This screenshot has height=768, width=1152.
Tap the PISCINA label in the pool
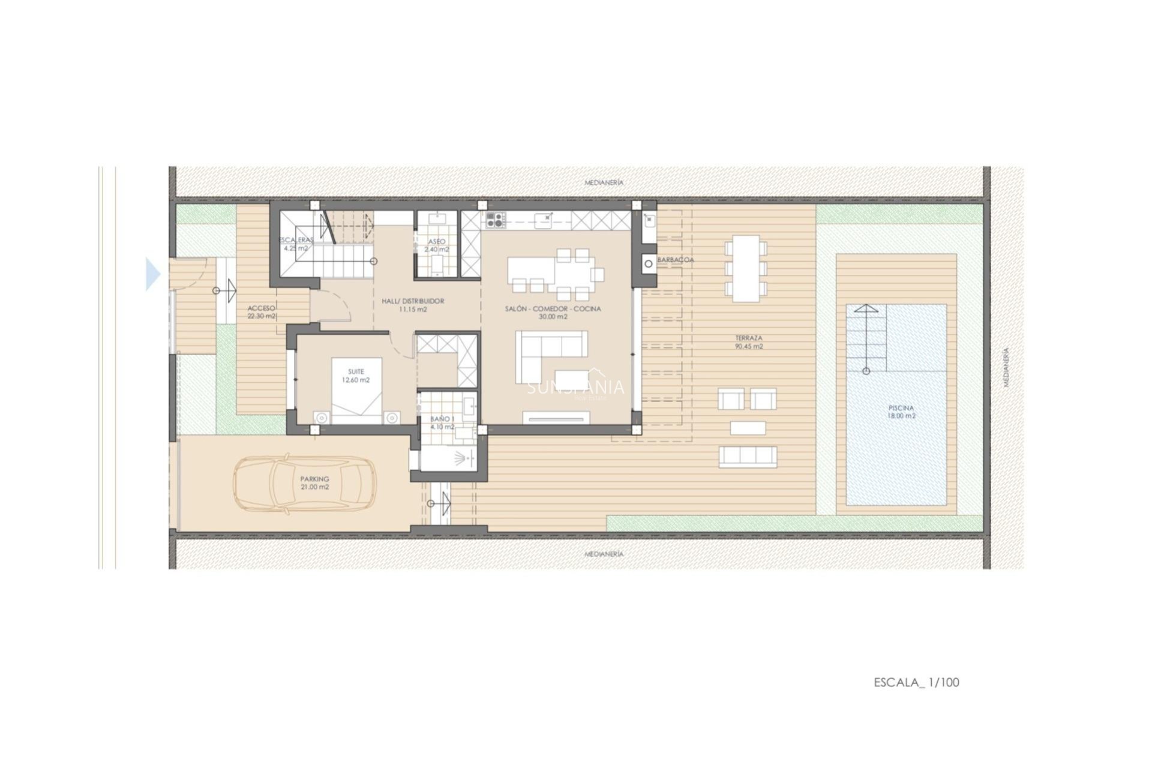[902, 412]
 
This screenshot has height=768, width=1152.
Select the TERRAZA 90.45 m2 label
[749, 342]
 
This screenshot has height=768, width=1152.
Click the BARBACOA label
[676, 260]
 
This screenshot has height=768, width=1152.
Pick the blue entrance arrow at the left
[153, 274]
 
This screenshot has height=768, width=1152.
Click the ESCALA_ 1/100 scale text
[916, 682]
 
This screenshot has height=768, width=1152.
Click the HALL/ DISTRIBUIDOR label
[413, 305]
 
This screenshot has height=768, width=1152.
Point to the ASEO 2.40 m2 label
[437, 245]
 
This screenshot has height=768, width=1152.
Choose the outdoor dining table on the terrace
[746, 269]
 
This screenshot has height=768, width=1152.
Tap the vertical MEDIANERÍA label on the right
[1006, 367]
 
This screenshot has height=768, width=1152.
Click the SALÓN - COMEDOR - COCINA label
[553, 313]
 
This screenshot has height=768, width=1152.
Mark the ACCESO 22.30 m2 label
[262, 312]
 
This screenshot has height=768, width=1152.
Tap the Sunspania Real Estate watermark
[575, 389]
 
